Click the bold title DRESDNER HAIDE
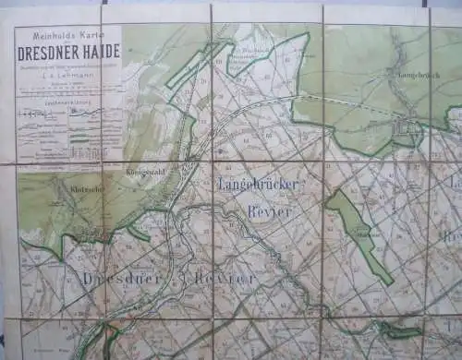[x=67, y=53]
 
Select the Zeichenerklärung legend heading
[x=67, y=100]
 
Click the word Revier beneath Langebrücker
[x=268, y=211]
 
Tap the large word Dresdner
[x=115, y=278]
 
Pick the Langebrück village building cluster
[x=407, y=131]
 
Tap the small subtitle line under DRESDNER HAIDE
[x=67, y=64]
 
